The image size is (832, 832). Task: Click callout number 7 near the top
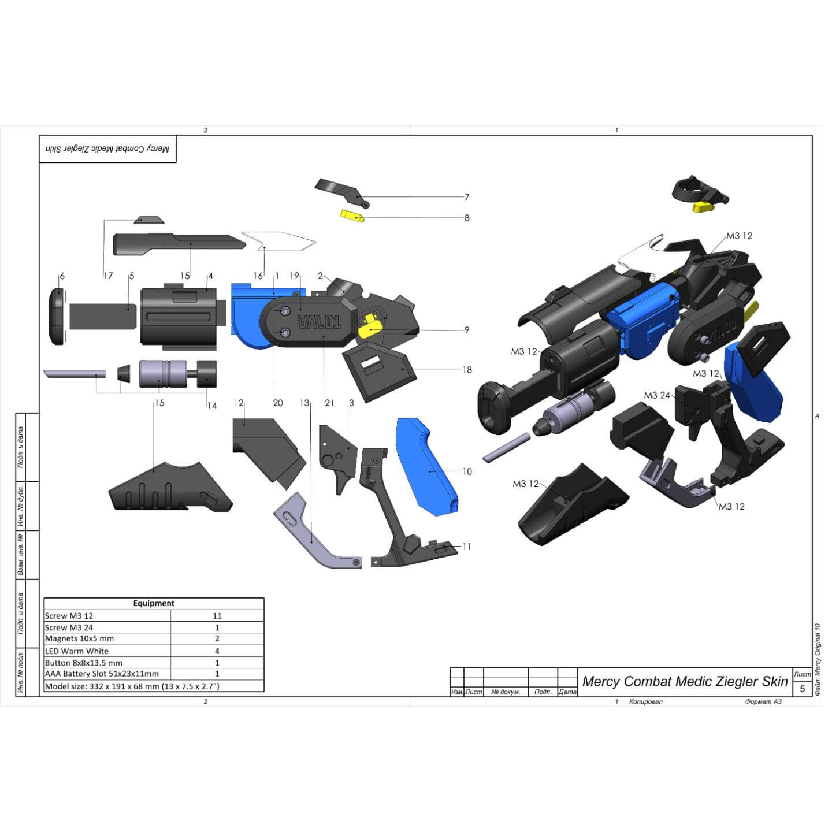tap(466, 198)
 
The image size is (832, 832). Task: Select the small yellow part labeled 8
tap(352, 216)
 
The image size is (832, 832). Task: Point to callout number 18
tap(467, 370)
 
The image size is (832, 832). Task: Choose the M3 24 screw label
tap(657, 395)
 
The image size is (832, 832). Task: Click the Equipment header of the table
tap(154, 603)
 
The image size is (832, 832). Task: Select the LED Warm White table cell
tap(77, 651)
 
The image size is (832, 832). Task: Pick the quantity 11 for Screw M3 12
tap(217, 616)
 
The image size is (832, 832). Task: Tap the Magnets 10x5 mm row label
tap(80, 638)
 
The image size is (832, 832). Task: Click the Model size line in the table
tap(132, 686)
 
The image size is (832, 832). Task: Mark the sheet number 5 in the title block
tap(802, 689)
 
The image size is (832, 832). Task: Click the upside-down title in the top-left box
tap(107, 149)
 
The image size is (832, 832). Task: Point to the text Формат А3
tap(763, 701)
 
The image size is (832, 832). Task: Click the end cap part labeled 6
tap(57, 317)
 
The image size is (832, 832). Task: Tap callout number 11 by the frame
tap(467, 547)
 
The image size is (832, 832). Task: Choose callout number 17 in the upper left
tap(108, 276)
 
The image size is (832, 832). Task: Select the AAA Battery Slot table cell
tap(102, 674)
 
